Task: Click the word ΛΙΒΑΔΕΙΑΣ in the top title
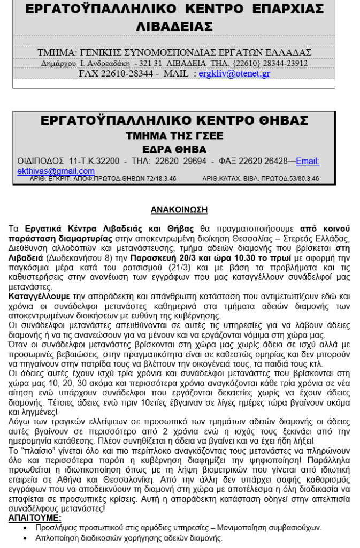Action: (x=175, y=26)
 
